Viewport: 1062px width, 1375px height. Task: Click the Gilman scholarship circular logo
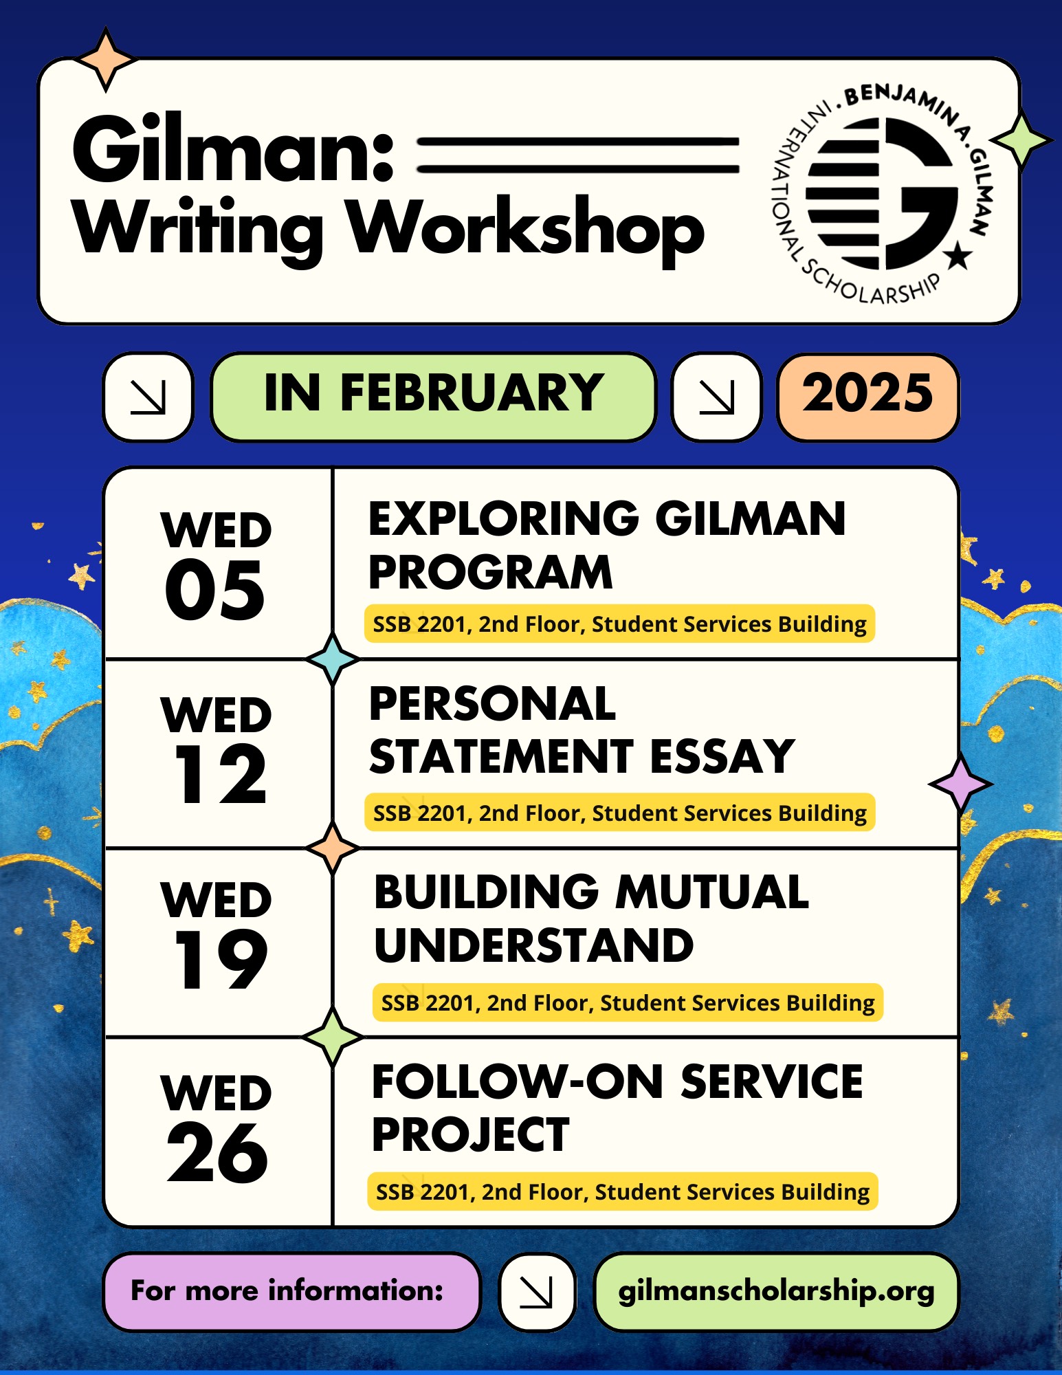[883, 194]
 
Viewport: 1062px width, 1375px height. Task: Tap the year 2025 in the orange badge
[867, 394]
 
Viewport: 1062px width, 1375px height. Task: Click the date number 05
[215, 589]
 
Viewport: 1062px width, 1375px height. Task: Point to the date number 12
[220, 774]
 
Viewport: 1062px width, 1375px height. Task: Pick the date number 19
[220, 960]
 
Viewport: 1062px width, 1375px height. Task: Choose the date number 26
[217, 1152]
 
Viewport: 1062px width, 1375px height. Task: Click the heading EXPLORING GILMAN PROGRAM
[607, 544]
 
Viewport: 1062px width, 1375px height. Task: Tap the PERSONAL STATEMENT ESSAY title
[582, 730]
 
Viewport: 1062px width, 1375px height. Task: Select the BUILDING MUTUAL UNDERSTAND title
[591, 918]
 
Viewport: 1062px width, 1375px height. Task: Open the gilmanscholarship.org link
[776, 1291]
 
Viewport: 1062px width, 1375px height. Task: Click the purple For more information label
[291, 1291]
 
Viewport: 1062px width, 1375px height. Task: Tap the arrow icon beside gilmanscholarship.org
[537, 1292]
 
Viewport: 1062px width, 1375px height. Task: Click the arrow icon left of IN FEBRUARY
[148, 397]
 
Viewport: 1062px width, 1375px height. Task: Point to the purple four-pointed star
[960, 783]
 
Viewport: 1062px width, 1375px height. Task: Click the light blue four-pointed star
[333, 659]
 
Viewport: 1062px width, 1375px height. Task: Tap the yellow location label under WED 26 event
[623, 1191]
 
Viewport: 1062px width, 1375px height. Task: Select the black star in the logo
[958, 256]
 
